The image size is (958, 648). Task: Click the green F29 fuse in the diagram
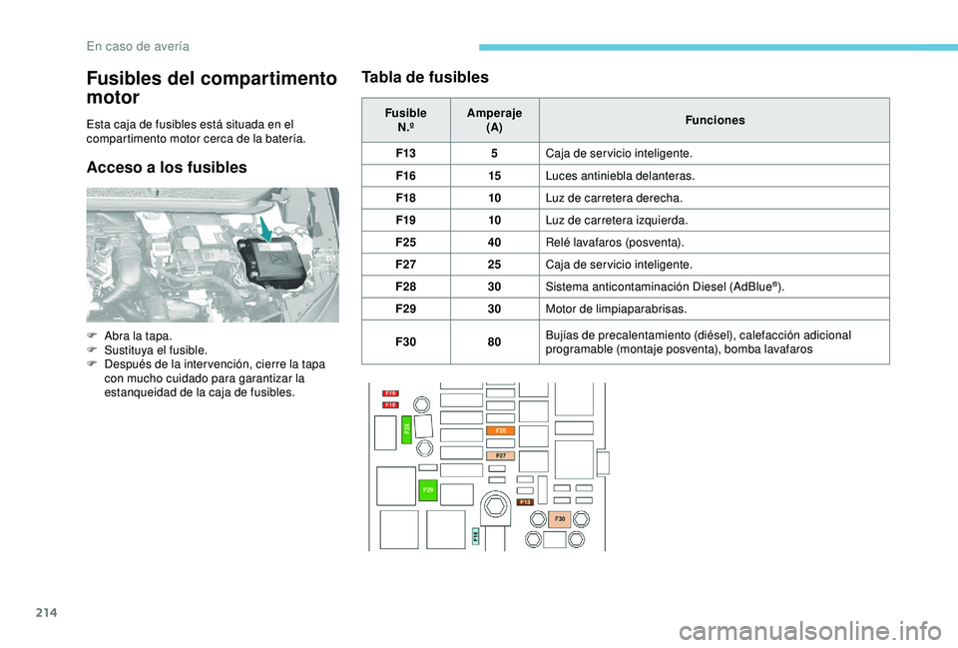click(427, 490)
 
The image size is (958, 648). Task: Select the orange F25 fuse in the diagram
click(500, 429)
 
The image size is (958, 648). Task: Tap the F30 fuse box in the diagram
click(560, 519)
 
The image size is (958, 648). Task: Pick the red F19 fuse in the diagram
click(391, 393)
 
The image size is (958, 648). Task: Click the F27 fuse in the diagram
click(500, 455)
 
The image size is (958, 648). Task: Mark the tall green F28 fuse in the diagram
click(407, 429)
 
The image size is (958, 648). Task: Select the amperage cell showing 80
click(494, 341)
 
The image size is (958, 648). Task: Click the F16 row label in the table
click(405, 176)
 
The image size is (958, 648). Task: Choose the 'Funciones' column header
click(715, 120)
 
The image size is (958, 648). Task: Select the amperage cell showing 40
click(494, 242)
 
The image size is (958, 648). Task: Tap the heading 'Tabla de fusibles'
click(425, 77)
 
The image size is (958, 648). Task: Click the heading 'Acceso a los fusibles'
click(167, 167)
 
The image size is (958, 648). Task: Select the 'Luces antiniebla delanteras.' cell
click(619, 176)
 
